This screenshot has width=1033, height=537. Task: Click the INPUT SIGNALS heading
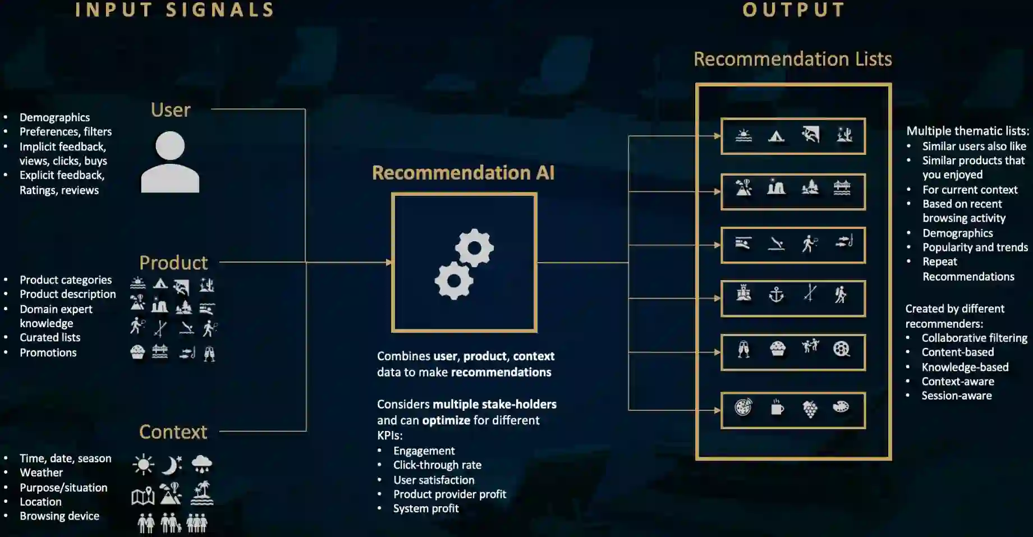tap(175, 10)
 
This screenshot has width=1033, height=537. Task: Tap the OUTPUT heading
tap(793, 10)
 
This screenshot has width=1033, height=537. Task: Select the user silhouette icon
tap(170, 162)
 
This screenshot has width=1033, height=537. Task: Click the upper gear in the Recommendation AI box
tap(474, 247)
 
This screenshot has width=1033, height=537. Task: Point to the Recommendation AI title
tap(463, 173)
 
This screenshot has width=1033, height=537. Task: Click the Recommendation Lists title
tap(792, 59)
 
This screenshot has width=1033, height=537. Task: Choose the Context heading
tap(173, 432)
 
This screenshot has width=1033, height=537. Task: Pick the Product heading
tap(173, 263)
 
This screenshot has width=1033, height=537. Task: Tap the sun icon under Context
tap(144, 465)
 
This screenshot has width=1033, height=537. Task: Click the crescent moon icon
tap(172, 465)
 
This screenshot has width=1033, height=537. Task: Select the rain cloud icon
tap(201, 464)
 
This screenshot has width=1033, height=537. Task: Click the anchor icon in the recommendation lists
tap(776, 294)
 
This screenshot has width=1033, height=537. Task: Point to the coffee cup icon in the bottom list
tap(777, 407)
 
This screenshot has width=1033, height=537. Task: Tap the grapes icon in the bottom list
tap(810, 409)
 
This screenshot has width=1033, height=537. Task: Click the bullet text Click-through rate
tap(437, 465)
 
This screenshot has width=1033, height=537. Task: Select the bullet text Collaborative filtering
tap(974, 338)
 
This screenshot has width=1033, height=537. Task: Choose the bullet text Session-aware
tap(956, 396)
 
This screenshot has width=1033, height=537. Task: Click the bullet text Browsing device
tap(59, 516)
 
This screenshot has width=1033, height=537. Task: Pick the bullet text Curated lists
tap(50, 338)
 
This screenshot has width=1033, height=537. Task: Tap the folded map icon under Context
tap(143, 496)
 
